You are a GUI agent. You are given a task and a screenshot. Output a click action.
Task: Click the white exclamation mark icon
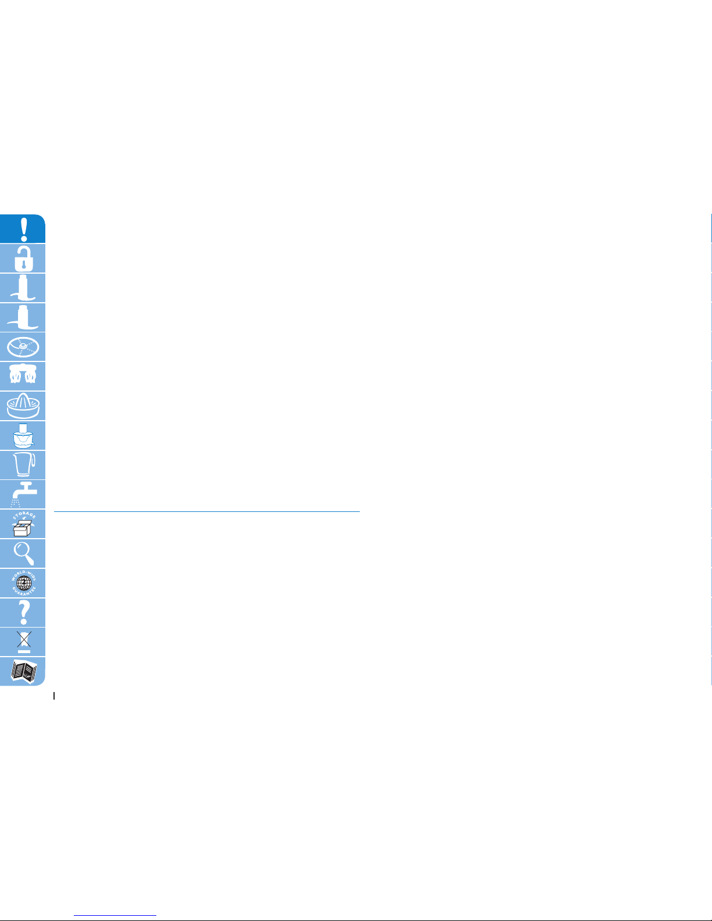[x=23, y=229]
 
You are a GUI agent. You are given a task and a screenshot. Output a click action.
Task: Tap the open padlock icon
[x=23, y=259]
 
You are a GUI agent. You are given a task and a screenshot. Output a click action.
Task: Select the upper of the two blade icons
[x=23, y=288]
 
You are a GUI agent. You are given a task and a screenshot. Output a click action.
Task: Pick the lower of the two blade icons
[x=23, y=317]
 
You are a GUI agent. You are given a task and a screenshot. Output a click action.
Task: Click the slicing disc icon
[x=23, y=347]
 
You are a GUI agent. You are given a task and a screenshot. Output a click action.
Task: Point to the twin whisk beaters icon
[x=23, y=376]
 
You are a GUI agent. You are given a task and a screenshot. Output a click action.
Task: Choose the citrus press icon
[x=23, y=406]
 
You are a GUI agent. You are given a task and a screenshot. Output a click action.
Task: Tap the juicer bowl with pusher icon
[x=23, y=436]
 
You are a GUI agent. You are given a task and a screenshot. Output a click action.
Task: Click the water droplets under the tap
[x=16, y=503]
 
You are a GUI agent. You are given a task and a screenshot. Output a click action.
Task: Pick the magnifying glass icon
[x=23, y=553]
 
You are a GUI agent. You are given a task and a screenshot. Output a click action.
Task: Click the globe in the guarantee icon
[x=23, y=583]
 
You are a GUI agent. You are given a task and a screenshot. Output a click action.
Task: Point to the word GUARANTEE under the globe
[x=23, y=592]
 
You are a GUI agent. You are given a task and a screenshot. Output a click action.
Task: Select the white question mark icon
[x=23, y=612]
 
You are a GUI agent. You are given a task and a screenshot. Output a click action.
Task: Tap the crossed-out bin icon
[x=23, y=642]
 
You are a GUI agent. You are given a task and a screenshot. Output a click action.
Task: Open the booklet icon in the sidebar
[x=23, y=672]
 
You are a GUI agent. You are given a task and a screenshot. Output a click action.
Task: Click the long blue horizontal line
[x=206, y=511]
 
